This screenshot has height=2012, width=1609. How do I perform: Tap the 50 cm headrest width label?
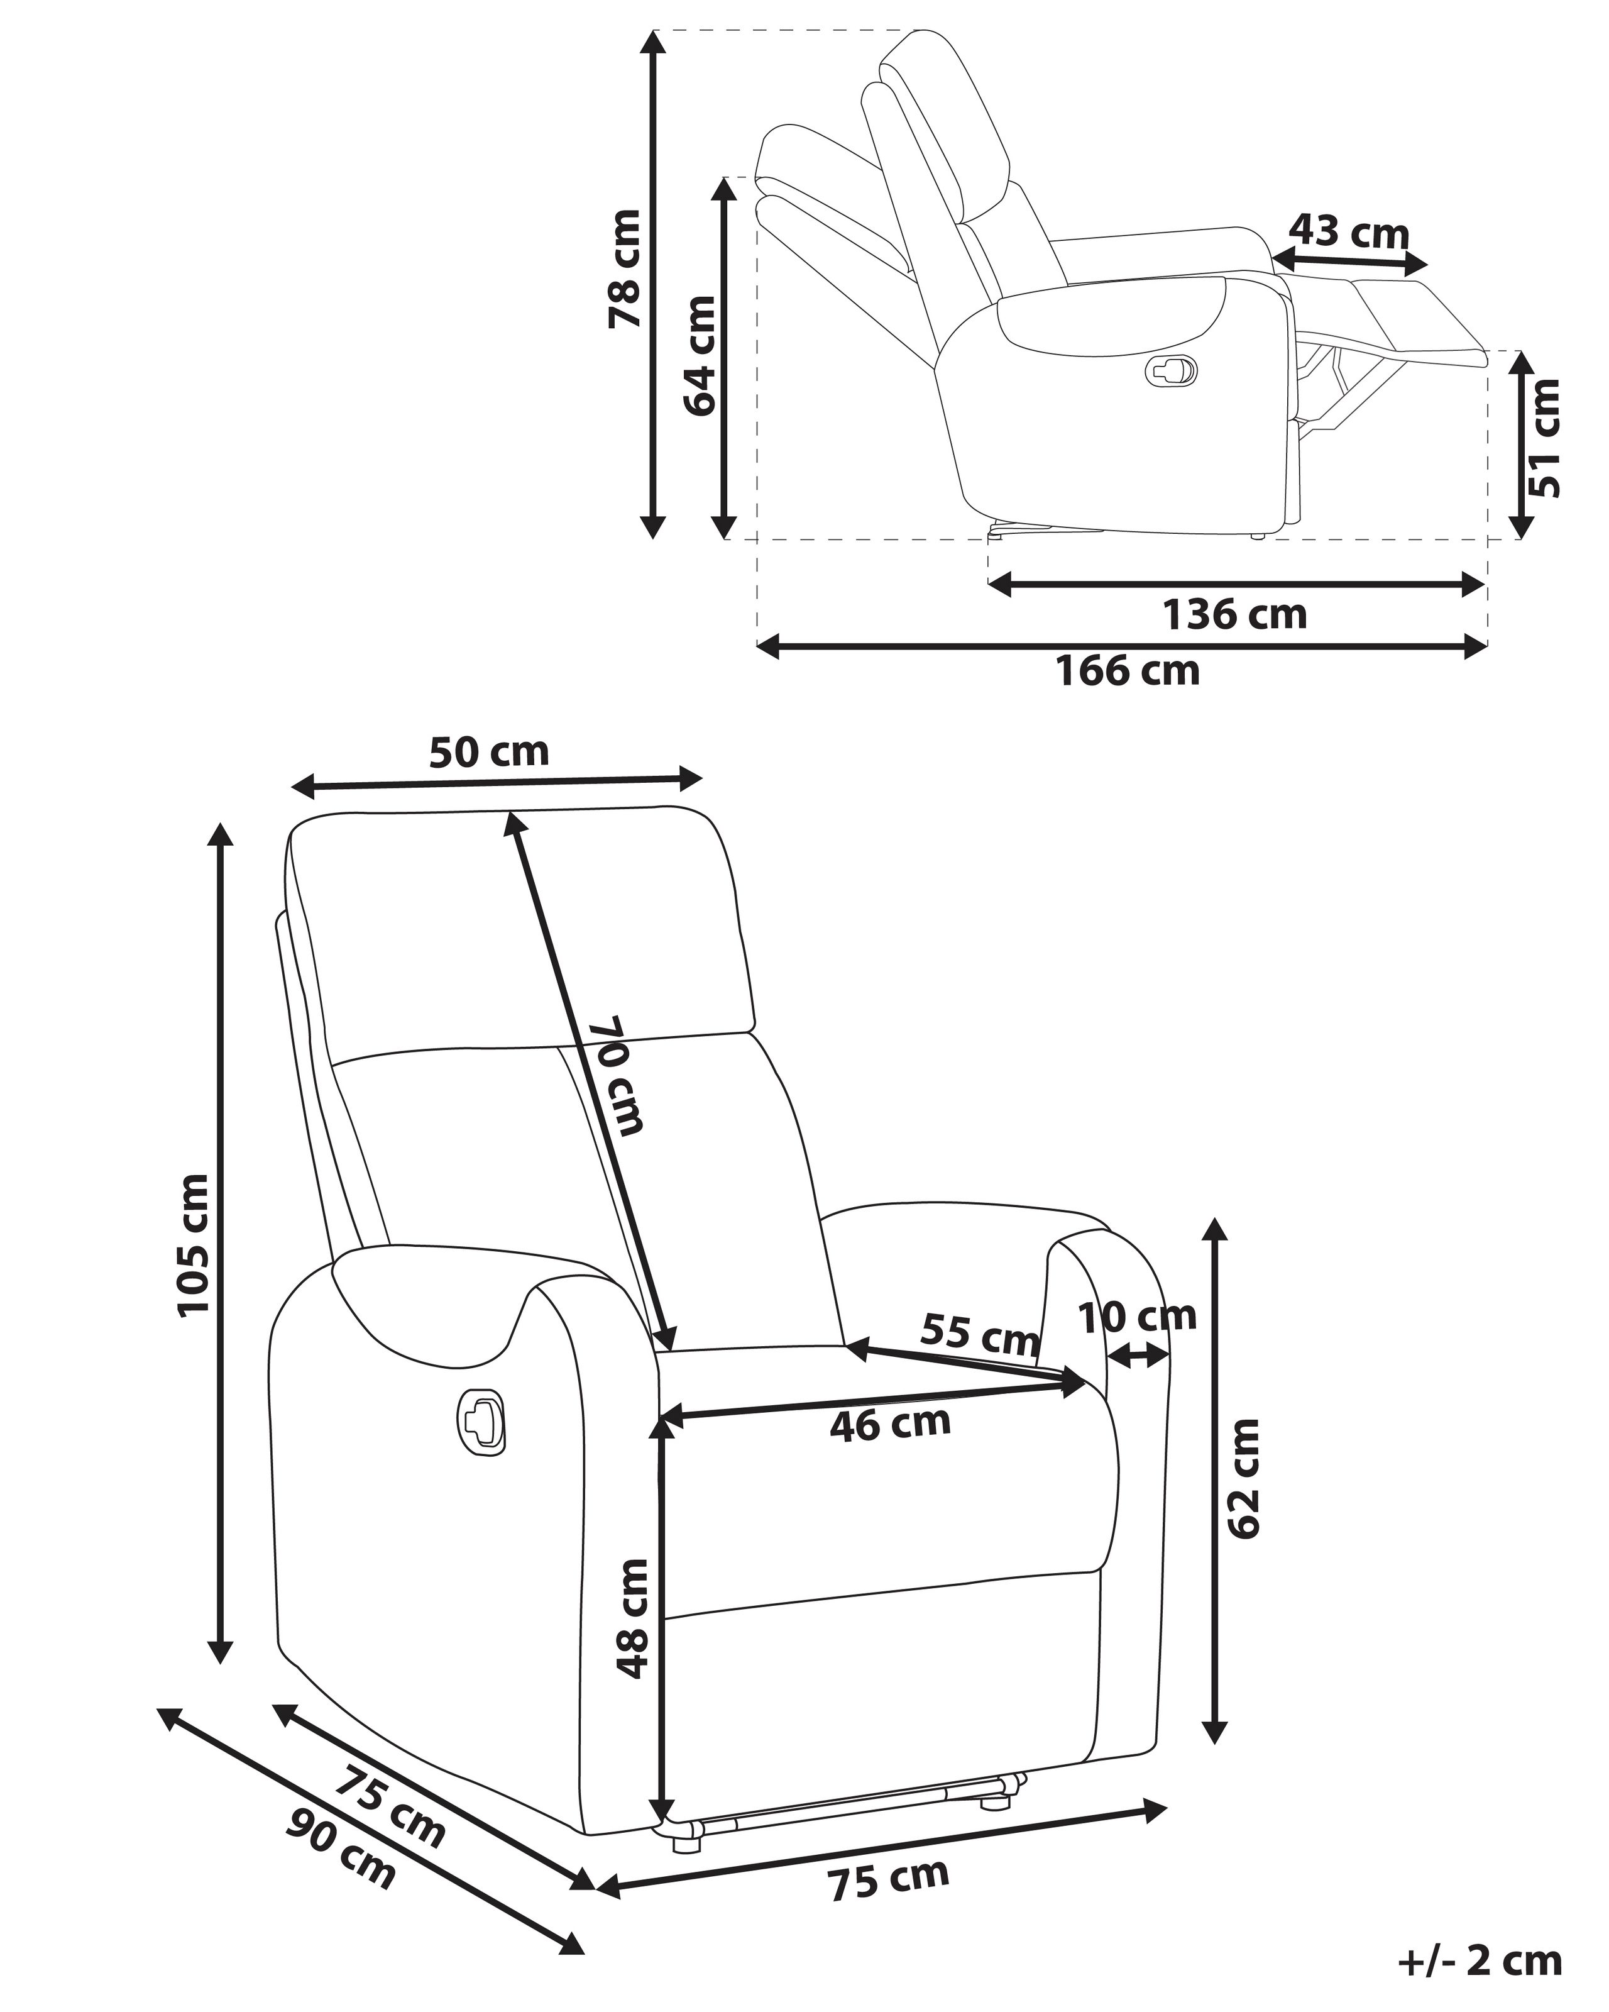pos(489,751)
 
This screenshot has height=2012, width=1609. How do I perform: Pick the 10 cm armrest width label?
pos(1136,1317)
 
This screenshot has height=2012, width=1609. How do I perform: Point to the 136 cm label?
pos(1233,615)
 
